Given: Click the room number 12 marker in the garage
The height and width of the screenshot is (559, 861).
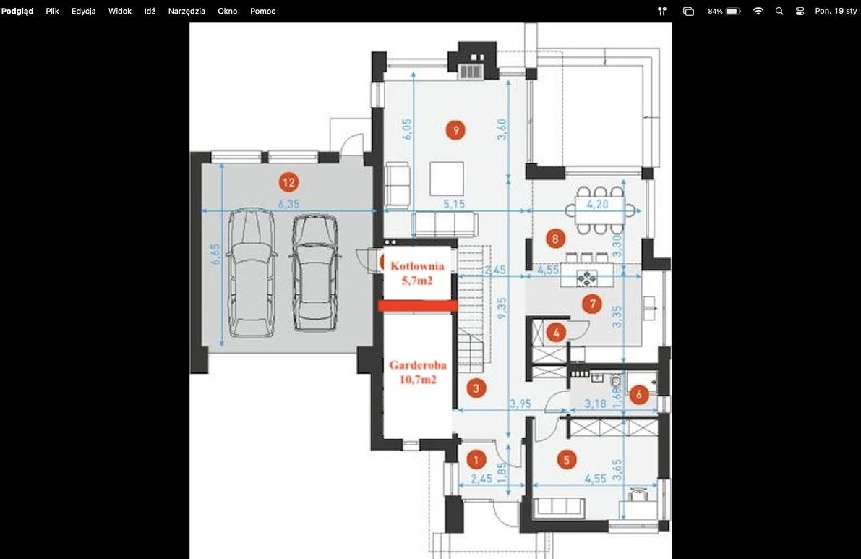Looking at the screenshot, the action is click(x=289, y=182).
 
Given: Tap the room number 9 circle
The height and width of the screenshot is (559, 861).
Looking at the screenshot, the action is click(x=455, y=130).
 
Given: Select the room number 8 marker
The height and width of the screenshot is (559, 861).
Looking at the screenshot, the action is click(x=555, y=239).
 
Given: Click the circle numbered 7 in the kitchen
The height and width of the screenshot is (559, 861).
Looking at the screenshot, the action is click(x=592, y=304).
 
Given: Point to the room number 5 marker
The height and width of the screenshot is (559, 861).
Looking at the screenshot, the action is click(x=567, y=459).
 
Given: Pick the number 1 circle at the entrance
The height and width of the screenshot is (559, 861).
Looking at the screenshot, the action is click(x=476, y=460).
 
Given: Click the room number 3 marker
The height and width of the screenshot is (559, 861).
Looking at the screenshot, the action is click(x=476, y=388).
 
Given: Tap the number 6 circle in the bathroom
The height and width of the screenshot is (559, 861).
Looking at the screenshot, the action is click(x=638, y=394).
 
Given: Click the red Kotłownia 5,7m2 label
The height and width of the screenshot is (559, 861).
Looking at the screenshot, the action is click(x=417, y=273).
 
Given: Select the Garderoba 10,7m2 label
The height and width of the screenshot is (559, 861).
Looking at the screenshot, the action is click(x=418, y=372).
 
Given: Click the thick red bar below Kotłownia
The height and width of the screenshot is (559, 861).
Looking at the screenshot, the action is click(x=418, y=306).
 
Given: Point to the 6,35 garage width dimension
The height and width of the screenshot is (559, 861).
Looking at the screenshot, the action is click(x=289, y=204).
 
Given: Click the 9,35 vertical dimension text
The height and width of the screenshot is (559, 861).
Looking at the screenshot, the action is click(x=501, y=309).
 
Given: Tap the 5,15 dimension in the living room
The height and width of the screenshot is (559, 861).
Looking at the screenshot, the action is click(x=454, y=204).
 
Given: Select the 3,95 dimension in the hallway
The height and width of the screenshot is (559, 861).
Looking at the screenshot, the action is click(x=520, y=404).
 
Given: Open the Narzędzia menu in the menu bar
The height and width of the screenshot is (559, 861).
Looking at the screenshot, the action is click(x=187, y=11).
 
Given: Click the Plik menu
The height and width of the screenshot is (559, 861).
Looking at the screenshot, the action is click(x=52, y=11).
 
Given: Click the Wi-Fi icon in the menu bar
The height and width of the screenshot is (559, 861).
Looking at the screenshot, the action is click(x=758, y=11).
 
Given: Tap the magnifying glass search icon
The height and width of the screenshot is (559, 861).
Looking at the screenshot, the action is click(x=779, y=11).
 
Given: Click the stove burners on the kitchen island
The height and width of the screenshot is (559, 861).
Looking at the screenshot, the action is click(x=587, y=278).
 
